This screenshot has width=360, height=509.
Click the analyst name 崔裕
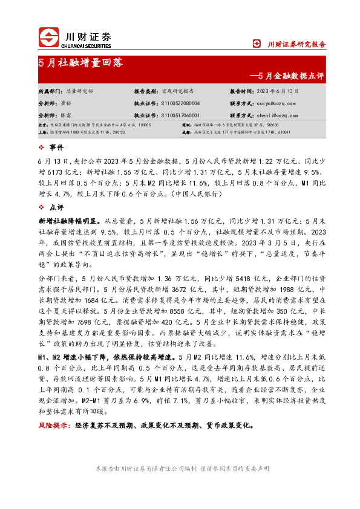click(x=71, y=103)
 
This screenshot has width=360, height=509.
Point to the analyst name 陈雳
click(x=71, y=115)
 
